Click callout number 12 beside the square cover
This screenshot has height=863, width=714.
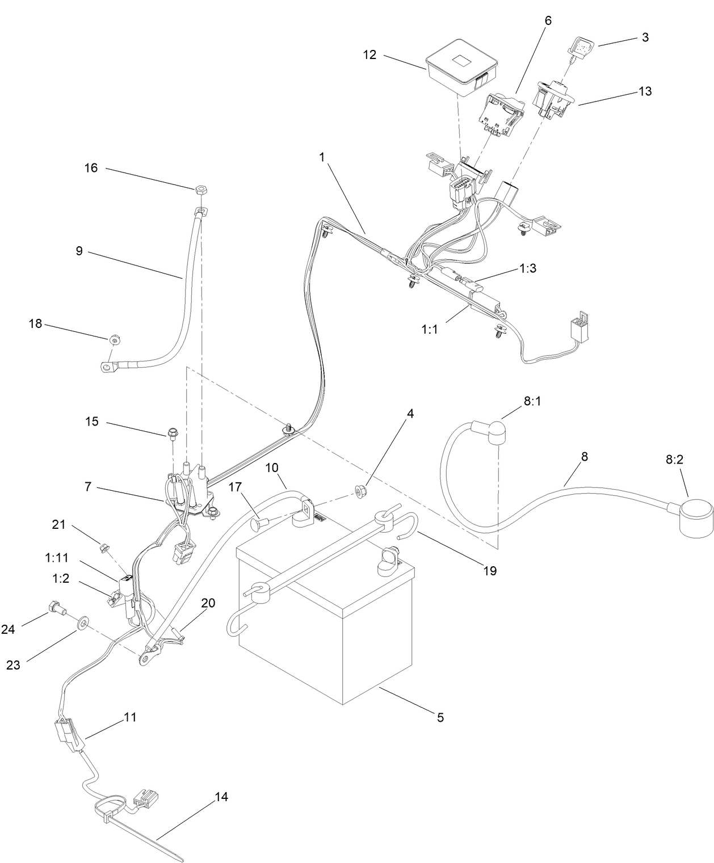click(369, 55)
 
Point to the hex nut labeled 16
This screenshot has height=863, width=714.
click(200, 190)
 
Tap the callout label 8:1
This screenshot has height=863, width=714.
click(532, 401)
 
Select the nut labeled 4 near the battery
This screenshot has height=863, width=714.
click(359, 489)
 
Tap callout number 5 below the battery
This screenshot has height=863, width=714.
click(440, 717)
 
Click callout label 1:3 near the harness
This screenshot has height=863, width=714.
click(528, 268)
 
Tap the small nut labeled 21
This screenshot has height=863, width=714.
click(104, 548)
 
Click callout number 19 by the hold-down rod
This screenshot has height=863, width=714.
click(489, 570)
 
